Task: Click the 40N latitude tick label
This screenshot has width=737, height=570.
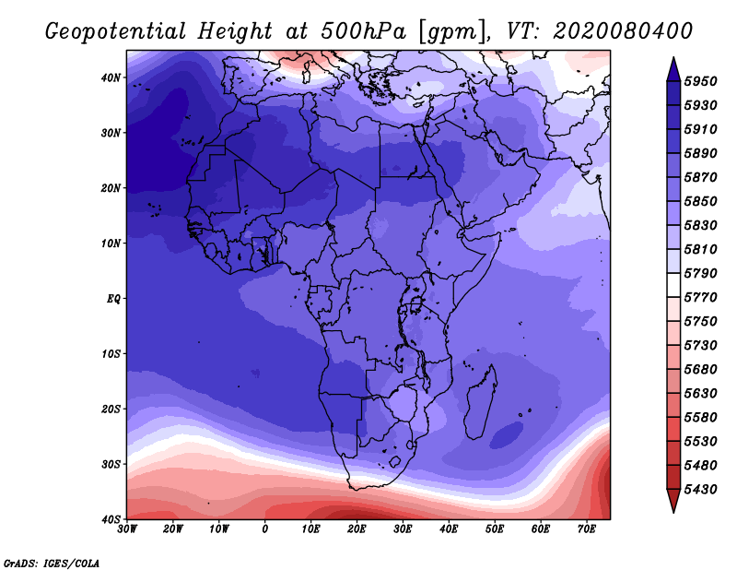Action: [x=111, y=77]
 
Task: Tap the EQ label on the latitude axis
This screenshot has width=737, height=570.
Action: [x=113, y=299]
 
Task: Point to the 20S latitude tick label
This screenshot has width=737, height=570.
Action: [x=111, y=409]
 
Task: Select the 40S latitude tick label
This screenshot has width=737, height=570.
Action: [x=111, y=519]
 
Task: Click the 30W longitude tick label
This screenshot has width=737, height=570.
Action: [x=127, y=529]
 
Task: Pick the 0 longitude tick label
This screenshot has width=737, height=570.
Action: [x=265, y=529]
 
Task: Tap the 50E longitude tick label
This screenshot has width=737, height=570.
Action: [x=495, y=529]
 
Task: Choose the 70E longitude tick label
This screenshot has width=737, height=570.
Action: [x=587, y=529]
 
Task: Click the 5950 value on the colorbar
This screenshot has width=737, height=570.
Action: [x=700, y=81]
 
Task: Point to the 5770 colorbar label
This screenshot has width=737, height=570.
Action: [x=700, y=298]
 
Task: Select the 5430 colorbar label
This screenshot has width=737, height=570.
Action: [x=700, y=490]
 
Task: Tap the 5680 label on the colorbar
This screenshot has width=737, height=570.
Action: [x=700, y=370]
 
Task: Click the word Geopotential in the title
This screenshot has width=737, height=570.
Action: [x=116, y=32]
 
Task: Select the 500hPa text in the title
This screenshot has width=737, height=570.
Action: [x=363, y=31]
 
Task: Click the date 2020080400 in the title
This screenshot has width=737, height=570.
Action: [x=623, y=31]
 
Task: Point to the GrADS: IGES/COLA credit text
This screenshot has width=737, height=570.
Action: [x=52, y=564]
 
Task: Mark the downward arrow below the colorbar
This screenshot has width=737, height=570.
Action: [x=673, y=501]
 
